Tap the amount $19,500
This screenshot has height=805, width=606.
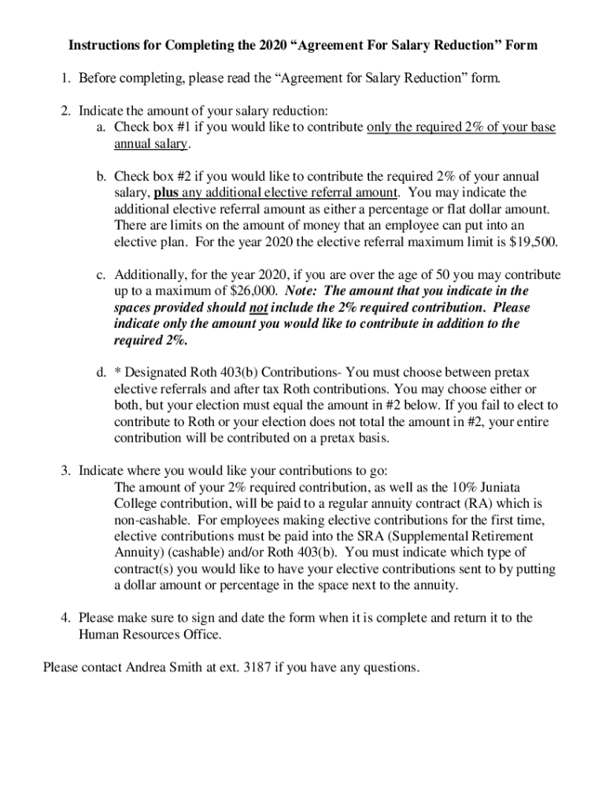click(x=533, y=242)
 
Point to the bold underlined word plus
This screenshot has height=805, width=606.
click(x=167, y=193)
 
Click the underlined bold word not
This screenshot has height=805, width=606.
click(x=258, y=308)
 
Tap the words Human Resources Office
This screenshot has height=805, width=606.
click(x=150, y=634)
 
